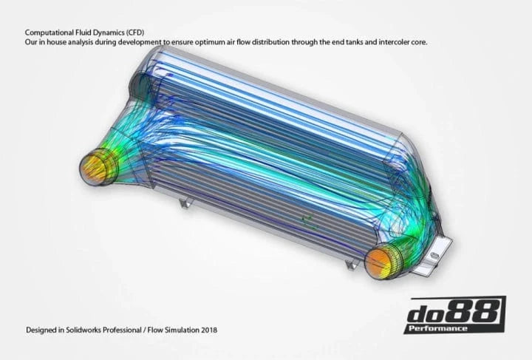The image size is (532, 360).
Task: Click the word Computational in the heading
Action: pyautogui.click(x=49, y=33)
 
